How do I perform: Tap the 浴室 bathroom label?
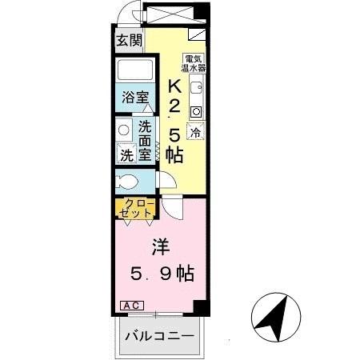coord(135,98)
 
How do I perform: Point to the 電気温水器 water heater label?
coord(193,62)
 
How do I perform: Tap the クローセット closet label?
coord(138,210)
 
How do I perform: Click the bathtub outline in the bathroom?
coord(135,70)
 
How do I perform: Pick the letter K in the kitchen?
coord(173,86)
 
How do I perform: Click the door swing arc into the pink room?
coord(170,206)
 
